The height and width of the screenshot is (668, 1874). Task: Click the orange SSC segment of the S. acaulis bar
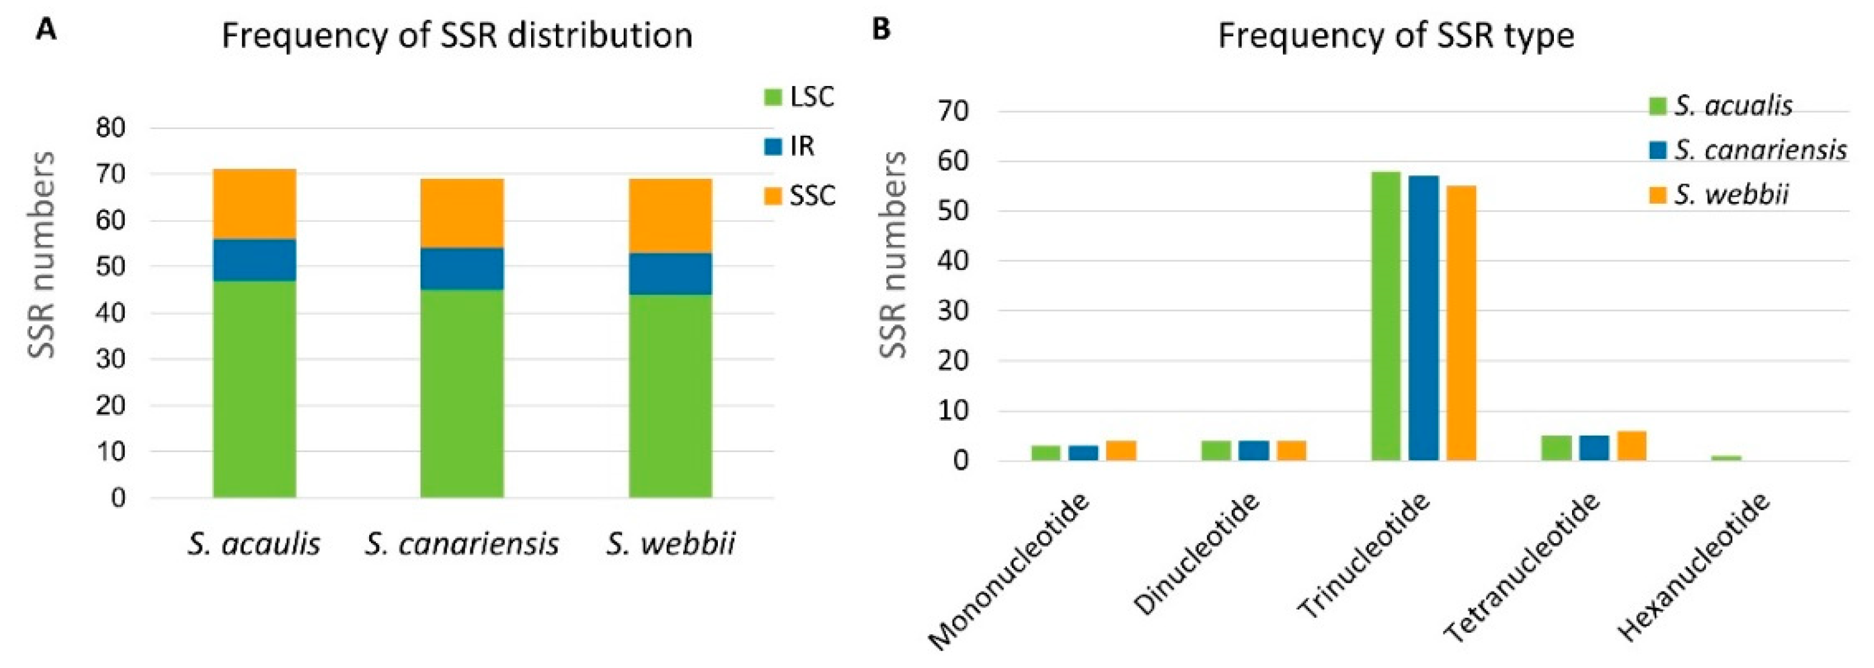point(254,204)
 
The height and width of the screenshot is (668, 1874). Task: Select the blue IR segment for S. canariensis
point(462,269)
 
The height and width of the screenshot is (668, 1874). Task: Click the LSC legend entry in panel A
point(799,97)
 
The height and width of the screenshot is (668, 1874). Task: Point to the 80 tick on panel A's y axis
point(110,129)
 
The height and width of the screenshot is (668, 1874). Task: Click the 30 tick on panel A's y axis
point(110,359)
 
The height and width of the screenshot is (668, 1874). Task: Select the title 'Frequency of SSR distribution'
point(457,36)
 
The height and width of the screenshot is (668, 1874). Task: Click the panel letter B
point(880,30)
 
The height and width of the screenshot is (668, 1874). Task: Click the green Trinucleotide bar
point(1385,316)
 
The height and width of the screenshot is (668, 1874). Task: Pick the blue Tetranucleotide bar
point(1594,447)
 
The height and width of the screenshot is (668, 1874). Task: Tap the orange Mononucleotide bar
point(1121,450)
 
